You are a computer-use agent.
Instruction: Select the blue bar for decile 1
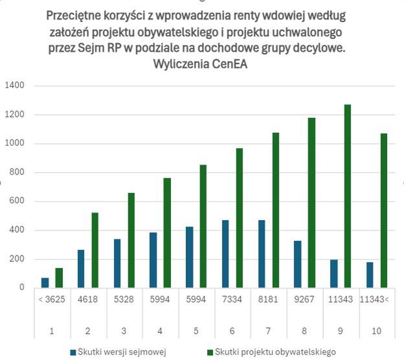45,283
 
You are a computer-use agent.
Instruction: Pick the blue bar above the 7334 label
225,254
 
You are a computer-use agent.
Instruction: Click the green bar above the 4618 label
95,250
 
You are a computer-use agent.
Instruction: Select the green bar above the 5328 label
131,240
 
